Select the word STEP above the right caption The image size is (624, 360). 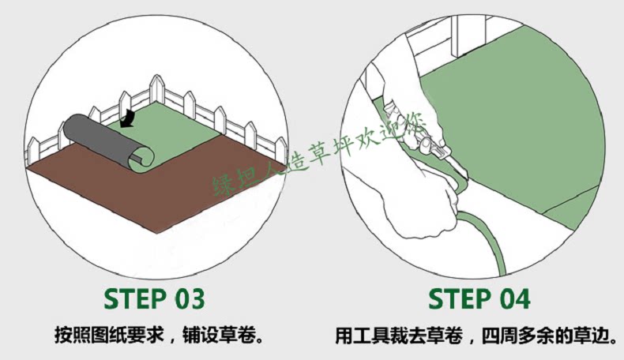tap(457, 299)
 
